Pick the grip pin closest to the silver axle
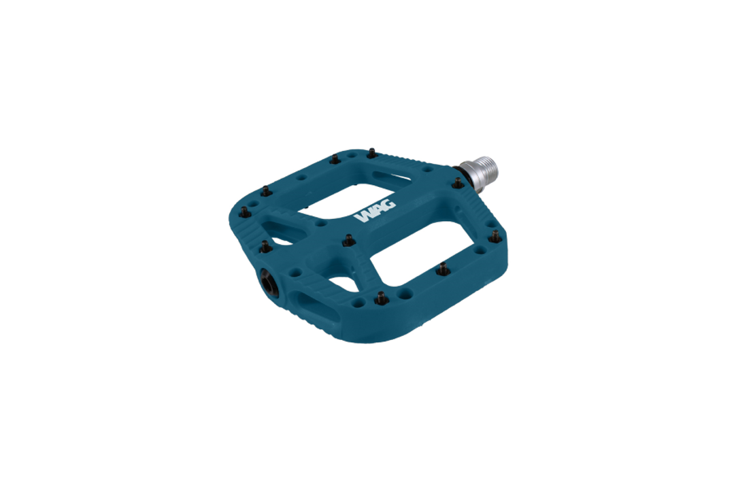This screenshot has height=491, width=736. (458, 183)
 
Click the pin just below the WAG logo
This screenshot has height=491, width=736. (349, 240)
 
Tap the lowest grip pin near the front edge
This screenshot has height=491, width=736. (381, 297)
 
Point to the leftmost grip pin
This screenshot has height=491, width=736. (245, 212)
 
